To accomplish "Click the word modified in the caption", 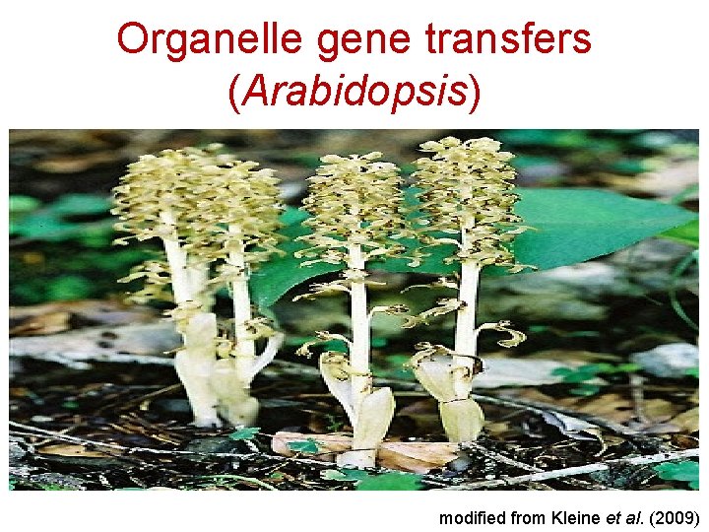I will [x=473, y=517].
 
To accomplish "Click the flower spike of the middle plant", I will [x=355, y=202].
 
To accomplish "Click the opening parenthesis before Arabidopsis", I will [x=234, y=93].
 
